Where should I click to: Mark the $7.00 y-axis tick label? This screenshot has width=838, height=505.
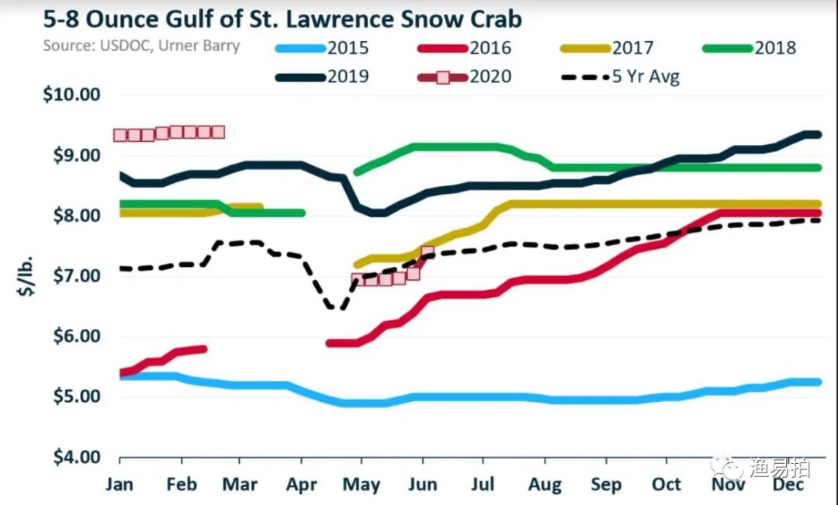(72, 276)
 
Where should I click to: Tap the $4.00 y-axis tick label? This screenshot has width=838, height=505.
(72, 457)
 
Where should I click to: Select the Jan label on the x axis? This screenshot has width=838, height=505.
(119, 484)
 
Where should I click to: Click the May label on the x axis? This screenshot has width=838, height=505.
(362, 485)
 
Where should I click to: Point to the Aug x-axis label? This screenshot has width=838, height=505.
(545, 484)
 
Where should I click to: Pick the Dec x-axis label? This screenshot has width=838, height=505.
(788, 484)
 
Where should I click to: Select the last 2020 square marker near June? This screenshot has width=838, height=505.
(428, 252)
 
